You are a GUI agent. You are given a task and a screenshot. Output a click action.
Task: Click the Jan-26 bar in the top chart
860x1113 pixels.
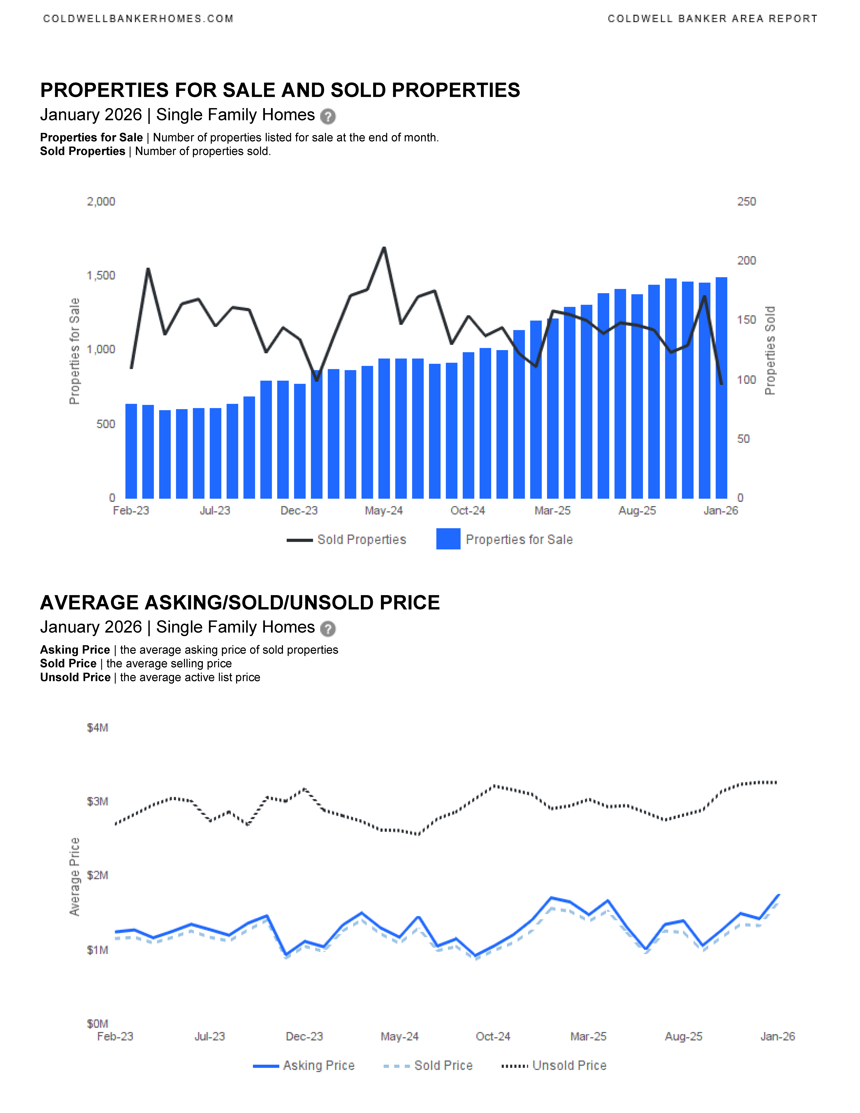(x=721, y=387)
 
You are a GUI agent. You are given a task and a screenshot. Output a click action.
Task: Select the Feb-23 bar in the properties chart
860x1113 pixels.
(x=131, y=451)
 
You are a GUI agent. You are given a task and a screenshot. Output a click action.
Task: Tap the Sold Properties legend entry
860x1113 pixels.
(x=347, y=540)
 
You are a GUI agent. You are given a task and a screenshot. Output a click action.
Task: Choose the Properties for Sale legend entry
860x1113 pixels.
(x=504, y=540)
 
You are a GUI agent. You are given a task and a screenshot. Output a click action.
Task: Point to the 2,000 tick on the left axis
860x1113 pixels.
(x=101, y=202)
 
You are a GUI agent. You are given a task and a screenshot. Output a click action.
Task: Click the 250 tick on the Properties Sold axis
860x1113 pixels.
(x=746, y=202)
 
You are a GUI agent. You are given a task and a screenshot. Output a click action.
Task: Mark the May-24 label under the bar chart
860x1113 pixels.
(x=384, y=511)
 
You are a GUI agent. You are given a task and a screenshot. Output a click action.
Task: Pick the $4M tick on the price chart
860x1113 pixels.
(x=97, y=728)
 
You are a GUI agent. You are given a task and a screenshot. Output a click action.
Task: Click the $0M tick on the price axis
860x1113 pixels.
(x=97, y=1024)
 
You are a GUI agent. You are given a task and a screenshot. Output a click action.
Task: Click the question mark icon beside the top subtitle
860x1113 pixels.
(x=328, y=117)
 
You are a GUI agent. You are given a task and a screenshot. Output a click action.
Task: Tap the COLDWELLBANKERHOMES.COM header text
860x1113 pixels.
(x=138, y=19)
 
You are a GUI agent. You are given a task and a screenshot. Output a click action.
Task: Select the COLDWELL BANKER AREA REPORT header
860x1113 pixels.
(x=712, y=19)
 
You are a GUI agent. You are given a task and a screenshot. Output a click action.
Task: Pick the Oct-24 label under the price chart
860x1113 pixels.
(x=493, y=1037)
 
